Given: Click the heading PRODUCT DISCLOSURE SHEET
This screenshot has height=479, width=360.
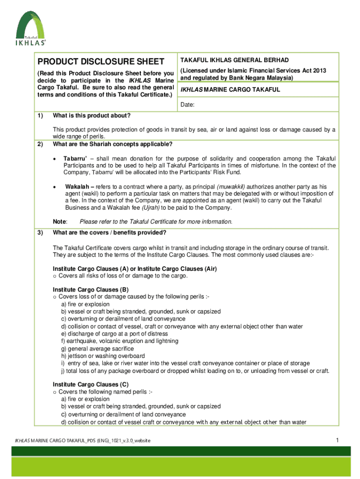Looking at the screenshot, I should point(101,62).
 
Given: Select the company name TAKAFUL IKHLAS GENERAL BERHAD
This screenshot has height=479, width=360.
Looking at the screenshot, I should point(235,60).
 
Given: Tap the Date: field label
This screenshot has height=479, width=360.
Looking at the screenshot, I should point(188,105).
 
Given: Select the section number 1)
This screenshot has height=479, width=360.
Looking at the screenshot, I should point(40,116).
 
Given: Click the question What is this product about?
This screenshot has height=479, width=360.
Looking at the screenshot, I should point(92,116).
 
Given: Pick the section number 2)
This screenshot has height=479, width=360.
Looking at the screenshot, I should point(40,144).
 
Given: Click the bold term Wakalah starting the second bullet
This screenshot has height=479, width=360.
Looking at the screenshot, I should point(79,186).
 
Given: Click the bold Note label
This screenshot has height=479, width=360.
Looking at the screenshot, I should point(60,222).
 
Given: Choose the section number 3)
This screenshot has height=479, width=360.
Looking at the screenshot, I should point(40,233).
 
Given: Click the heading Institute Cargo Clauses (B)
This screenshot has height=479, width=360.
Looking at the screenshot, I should point(91,290).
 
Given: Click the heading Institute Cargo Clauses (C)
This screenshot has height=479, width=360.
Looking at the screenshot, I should point(91,385).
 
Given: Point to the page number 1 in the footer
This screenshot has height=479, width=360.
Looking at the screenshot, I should point(337,440).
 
